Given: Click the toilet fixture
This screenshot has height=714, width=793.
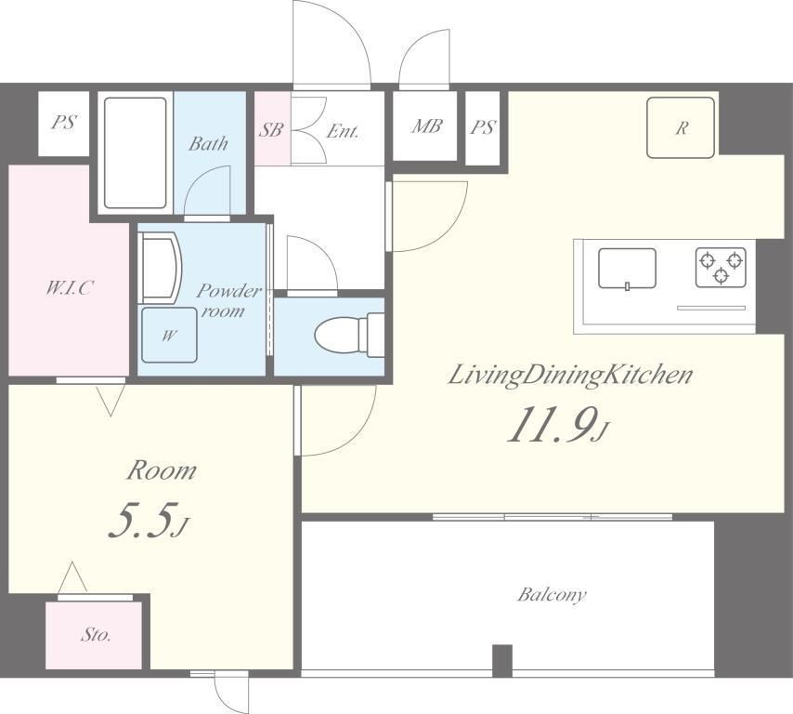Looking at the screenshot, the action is pos(349,335).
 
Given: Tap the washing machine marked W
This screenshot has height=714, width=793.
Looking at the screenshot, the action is pos(169,335).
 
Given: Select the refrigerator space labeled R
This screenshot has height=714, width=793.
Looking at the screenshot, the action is pos(681,127).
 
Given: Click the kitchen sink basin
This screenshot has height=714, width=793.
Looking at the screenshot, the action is pos(627,269).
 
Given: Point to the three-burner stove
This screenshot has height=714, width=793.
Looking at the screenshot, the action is pos(721,267).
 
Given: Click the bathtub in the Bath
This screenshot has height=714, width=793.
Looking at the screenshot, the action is pos(136,152).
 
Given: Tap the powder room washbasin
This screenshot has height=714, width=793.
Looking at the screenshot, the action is pos(160,268).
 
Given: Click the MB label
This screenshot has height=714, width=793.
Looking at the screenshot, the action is pos(426,126).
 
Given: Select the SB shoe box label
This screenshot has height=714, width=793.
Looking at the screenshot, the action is pos(271,129).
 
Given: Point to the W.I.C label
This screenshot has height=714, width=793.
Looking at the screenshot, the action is pos(70,288).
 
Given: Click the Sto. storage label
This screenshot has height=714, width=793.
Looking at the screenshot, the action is pos(96,634).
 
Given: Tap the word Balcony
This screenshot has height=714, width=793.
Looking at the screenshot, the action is pos(552,594).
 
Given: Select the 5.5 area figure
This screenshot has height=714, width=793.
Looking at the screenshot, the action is pos(147,520).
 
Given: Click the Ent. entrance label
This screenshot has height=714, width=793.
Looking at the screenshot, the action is pos(343,131).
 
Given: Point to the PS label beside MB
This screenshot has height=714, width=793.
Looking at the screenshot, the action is pos(483,127).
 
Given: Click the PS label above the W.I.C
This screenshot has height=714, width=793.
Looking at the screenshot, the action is pos(64,122).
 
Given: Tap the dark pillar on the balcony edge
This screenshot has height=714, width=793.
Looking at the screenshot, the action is pos(502,660).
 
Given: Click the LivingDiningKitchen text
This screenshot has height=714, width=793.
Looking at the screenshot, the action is pos(570,377).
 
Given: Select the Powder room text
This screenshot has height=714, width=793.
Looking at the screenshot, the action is pos(228,301).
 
